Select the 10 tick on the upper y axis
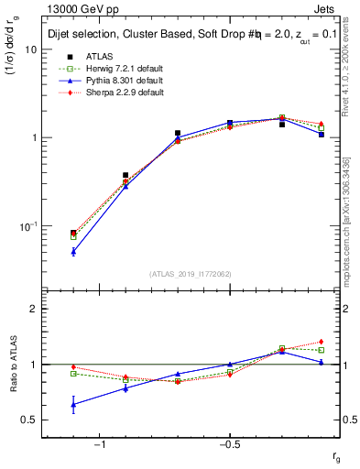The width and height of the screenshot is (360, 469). [32, 49]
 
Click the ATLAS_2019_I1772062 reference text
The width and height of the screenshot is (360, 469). [191, 273]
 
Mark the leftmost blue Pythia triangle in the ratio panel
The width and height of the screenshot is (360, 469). [73, 404]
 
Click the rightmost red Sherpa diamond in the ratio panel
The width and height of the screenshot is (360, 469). [321, 342]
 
